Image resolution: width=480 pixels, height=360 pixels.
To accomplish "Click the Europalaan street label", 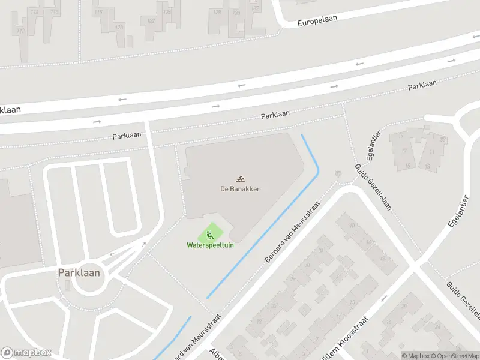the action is pyautogui.click(x=317, y=20).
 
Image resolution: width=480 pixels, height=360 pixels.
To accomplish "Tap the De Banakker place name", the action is pyautogui.click(x=239, y=188).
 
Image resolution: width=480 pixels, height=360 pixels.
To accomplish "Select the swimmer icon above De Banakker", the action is pyautogui.click(x=240, y=178).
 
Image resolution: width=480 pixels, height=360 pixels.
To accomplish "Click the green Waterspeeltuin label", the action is pyautogui.click(x=209, y=245).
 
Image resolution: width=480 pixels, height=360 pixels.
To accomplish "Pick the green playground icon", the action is pyautogui.click(x=209, y=234).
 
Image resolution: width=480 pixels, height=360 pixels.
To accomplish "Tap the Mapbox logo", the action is pyautogui.click(x=26, y=353).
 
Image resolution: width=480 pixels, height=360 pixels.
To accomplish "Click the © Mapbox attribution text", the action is pyautogui.click(x=415, y=356).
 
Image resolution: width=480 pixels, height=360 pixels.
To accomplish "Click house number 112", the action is pyautogui.click(x=22, y=31).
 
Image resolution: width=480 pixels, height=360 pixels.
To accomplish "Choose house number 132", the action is pyautogui.click(x=256, y=8).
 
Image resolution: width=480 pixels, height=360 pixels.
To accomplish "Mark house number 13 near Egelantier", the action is pyautogui.click(x=428, y=166).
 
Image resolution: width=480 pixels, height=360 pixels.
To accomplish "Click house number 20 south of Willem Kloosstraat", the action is pyautogui.click(x=403, y=306).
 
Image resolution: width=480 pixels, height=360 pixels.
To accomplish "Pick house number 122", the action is pyautogui.click(x=151, y=20).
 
